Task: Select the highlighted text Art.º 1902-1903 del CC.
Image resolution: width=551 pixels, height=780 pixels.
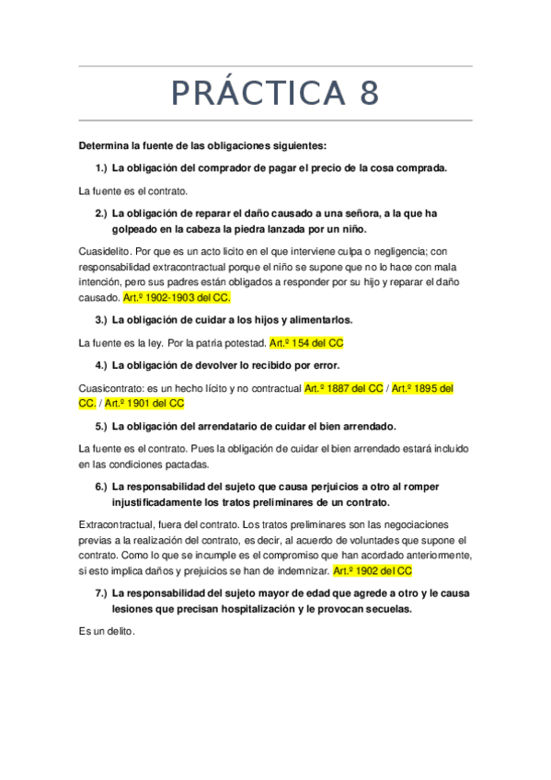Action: click(176, 299)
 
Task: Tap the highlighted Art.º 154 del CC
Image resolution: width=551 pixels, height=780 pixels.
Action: click(306, 343)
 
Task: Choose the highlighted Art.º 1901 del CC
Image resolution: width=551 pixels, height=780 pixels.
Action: click(144, 403)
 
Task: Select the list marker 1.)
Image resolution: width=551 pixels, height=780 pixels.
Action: click(101, 167)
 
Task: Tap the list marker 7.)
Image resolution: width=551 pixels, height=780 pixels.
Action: click(101, 593)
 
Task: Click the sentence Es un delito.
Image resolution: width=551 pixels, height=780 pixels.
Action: click(107, 632)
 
